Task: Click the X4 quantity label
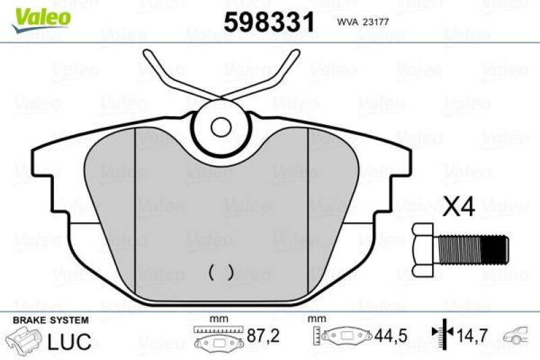click(459, 207)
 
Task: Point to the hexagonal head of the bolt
click(423, 250)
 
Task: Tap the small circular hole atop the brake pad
click(221, 127)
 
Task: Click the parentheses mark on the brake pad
click(221, 272)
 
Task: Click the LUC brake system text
click(70, 341)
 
